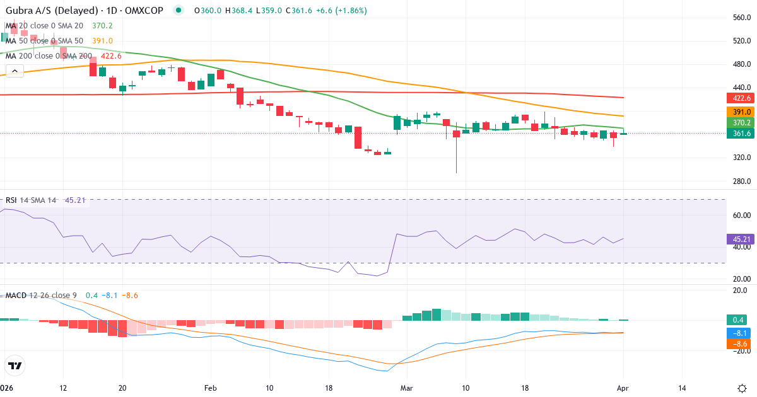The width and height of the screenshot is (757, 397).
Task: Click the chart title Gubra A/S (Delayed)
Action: (50, 11)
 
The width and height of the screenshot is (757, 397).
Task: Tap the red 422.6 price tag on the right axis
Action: (739, 98)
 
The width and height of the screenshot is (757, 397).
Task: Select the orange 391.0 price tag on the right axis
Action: (739, 112)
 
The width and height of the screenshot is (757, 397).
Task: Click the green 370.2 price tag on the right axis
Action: (739, 122)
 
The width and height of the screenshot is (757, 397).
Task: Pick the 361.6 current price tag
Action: (739, 133)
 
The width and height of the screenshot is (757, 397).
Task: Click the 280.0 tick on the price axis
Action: (741, 181)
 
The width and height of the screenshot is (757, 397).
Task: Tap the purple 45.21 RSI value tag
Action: (739, 239)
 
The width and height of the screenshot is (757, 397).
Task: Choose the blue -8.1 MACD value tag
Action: (739, 333)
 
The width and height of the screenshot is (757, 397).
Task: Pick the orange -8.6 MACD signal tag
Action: (739, 344)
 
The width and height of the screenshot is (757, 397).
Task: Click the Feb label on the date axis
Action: (211, 388)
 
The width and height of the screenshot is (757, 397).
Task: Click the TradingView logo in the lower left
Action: (15, 365)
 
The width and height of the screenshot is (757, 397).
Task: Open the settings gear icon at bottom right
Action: (742, 388)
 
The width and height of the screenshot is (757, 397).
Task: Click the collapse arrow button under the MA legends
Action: (14, 71)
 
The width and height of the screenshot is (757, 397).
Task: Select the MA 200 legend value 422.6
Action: (110, 55)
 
